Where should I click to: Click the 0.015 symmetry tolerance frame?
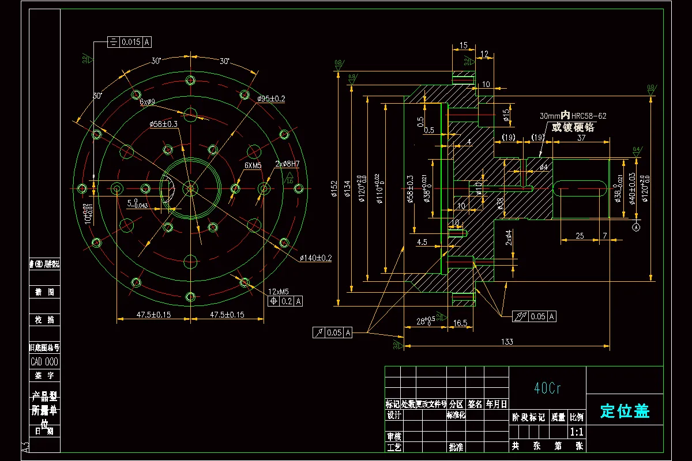130,42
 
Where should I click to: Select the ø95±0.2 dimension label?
271,99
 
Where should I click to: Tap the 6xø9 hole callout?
147,102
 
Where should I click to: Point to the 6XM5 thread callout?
253,165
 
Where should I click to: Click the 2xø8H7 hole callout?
287,164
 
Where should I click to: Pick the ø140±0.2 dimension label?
315,258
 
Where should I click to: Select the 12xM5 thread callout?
279,291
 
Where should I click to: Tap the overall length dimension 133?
506,342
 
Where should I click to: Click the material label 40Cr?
547,388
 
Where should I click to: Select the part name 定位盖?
625,411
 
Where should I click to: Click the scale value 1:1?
576,432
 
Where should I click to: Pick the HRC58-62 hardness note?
588,116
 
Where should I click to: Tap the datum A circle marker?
637,227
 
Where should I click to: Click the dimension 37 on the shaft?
581,138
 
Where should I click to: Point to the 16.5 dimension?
460,323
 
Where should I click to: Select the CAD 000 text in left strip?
44,362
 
